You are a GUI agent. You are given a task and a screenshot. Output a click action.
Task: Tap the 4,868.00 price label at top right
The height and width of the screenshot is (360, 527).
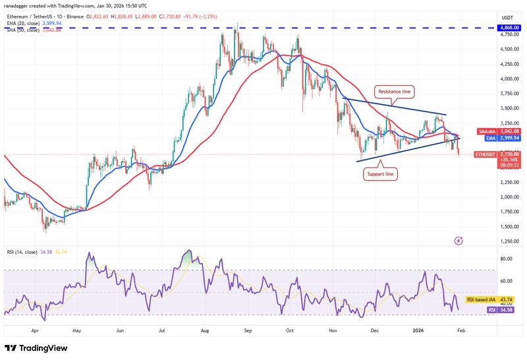[x=508, y=28]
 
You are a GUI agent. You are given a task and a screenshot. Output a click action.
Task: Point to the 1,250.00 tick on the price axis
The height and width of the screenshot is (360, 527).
[x=508, y=241]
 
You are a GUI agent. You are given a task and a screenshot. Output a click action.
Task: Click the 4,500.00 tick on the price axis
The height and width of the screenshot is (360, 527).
[x=508, y=49]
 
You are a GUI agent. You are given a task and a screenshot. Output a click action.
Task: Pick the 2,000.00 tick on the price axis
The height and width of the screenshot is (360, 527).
[x=508, y=197]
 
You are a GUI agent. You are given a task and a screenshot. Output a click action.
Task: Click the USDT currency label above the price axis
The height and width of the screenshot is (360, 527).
[x=507, y=18]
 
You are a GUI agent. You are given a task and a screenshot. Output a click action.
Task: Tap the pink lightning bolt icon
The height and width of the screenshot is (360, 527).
[x=458, y=241]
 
